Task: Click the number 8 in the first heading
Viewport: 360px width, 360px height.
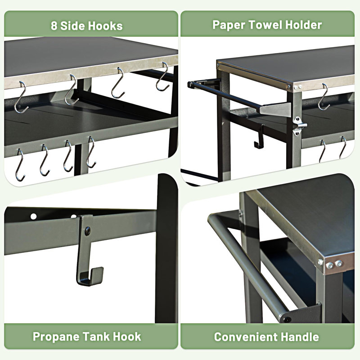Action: click(54, 26)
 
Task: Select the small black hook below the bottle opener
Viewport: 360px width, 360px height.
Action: click(259, 139)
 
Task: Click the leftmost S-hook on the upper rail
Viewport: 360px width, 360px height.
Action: click(22, 98)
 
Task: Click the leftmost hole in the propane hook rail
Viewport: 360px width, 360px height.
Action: click(33, 216)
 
